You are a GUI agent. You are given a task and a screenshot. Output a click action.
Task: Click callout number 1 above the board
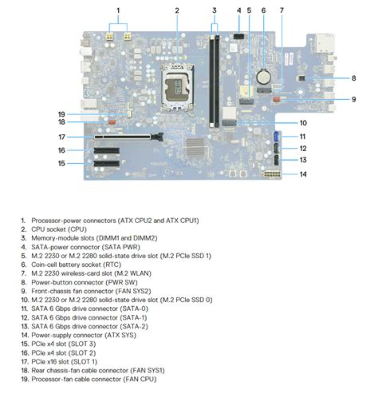pyautogui.click(x=118, y=10)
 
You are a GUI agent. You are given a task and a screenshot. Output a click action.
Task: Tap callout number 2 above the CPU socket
pyautogui.click(x=176, y=10)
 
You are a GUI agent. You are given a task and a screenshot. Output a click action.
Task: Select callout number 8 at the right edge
pyautogui.click(x=353, y=78)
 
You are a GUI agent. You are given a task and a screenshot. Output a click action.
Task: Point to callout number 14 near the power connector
pyautogui.click(x=304, y=173)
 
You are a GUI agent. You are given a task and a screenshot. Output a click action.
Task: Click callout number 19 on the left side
pyautogui.click(x=61, y=113)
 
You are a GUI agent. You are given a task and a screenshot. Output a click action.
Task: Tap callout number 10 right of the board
pyautogui.click(x=304, y=122)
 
